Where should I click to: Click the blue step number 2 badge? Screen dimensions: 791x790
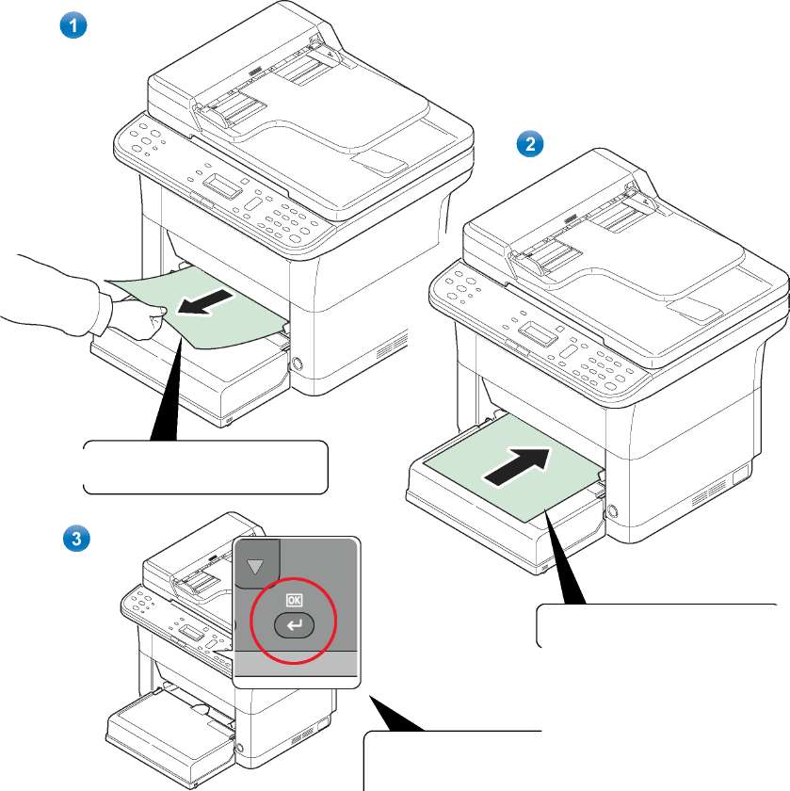(531, 144)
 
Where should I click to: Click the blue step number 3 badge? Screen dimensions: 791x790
(73, 539)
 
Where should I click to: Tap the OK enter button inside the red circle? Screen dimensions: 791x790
(296, 622)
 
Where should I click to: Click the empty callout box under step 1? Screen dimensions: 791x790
(205, 466)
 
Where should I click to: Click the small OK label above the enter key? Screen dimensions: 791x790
(295, 598)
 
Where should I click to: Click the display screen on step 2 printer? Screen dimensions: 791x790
(538, 332)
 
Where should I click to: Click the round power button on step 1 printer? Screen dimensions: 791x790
(298, 363)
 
